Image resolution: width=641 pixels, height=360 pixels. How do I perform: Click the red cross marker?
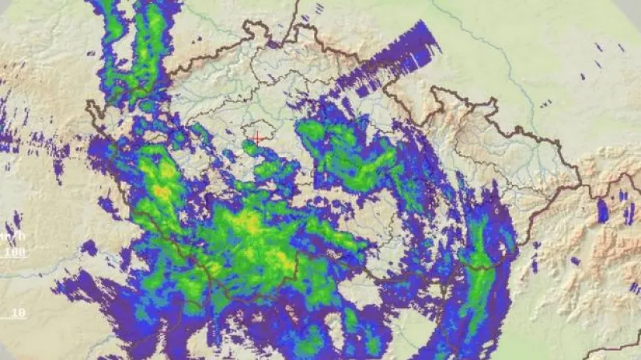pyautogui.click(x=256, y=139)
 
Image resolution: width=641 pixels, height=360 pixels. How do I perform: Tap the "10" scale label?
pyautogui.click(x=17, y=312)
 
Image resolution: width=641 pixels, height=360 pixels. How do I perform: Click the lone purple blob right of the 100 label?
pyautogui.click(x=89, y=248)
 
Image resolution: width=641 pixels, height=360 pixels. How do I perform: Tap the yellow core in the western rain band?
pyautogui.click(x=163, y=189)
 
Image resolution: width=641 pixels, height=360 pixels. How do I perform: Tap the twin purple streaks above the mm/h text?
pyautogui.click(x=15, y=220)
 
